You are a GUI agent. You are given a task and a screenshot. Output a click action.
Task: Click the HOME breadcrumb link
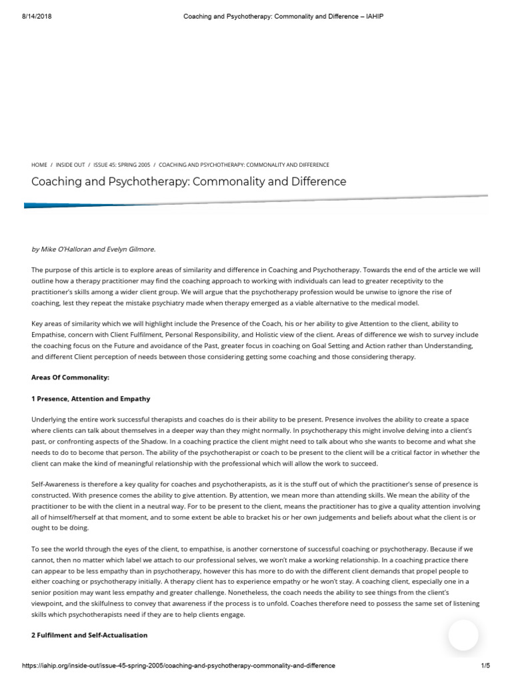click(39, 165)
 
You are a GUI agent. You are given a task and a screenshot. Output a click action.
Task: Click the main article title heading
click(189, 181)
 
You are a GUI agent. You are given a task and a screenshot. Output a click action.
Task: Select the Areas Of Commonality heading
click(70, 378)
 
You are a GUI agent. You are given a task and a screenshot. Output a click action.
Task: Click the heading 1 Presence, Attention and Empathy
click(91, 399)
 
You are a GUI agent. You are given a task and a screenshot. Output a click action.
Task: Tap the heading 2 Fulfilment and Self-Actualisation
click(89, 636)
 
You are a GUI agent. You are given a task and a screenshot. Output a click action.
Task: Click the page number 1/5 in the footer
click(485, 666)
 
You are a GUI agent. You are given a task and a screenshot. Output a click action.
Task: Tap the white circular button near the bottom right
click(463, 635)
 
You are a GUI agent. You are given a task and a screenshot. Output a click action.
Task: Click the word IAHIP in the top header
click(374, 16)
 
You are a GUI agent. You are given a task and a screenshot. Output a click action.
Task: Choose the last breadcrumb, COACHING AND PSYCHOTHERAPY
click(244, 165)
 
